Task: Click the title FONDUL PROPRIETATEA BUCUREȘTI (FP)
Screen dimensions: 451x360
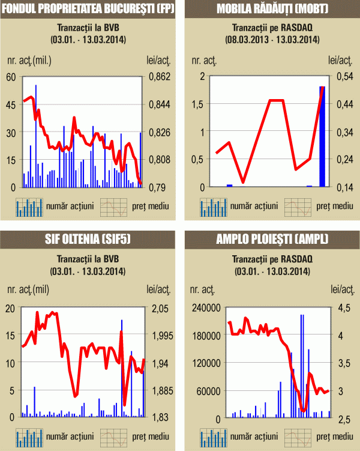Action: (89, 9)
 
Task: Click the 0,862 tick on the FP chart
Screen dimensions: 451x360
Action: (158, 77)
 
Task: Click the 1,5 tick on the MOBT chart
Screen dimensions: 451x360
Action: (197, 104)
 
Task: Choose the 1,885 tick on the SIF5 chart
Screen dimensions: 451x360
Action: (158, 390)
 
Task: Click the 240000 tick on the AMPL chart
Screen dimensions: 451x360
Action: (205, 308)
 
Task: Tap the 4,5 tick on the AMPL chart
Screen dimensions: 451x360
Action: (340, 308)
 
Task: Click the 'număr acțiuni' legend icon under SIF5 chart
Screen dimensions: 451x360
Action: (29, 437)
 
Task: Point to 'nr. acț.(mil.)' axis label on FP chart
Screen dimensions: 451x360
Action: (28, 60)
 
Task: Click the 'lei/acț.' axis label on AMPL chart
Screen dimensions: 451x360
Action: (340, 291)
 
